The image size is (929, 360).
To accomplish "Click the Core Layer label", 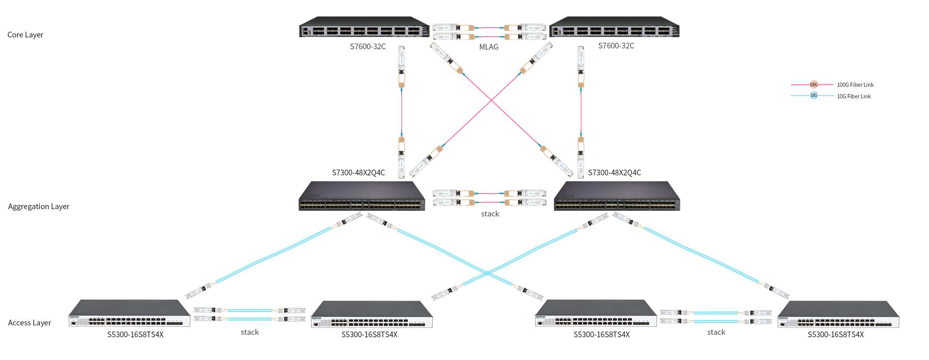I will [x=25, y=35].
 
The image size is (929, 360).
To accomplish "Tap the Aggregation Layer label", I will [x=39, y=207].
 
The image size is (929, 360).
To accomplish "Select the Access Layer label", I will [x=30, y=323].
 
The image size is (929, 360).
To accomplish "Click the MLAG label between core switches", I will [x=488, y=47].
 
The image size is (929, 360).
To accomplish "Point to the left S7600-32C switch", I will [x=364, y=27].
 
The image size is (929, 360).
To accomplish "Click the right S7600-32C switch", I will [x=614, y=27].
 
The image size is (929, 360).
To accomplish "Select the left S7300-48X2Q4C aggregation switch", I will [x=362, y=196].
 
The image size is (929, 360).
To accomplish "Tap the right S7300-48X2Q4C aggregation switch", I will [x=617, y=196].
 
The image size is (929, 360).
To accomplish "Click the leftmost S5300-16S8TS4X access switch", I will [x=129, y=313].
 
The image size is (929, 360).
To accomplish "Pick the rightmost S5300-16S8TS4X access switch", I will [x=838, y=314].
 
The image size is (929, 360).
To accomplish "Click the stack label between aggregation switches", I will [x=490, y=214].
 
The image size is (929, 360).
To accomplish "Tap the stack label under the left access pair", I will [x=250, y=332].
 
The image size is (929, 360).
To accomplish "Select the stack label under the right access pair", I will [x=716, y=332].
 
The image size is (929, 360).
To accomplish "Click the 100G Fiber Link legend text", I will [x=855, y=85].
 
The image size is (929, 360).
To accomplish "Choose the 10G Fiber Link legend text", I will [x=854, y=96].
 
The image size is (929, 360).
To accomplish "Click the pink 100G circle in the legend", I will [x=813, y=85].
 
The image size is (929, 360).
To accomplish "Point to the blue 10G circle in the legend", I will [x=813, y=96].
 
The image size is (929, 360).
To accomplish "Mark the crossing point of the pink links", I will [x=491, y=100].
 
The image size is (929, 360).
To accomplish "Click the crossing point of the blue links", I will [x=487, y=273].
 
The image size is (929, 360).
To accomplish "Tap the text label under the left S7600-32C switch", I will [x=368, y=47].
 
